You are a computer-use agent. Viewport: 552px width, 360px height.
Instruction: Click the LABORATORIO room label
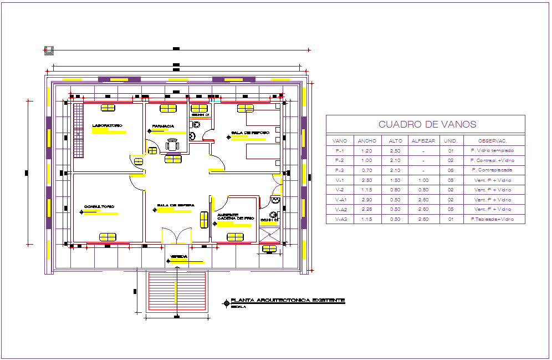click(x=107, y=126)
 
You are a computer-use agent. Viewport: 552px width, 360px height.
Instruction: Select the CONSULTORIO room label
click(x=99, y=206)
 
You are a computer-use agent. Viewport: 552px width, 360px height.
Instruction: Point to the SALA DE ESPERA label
click(x=175, y=205)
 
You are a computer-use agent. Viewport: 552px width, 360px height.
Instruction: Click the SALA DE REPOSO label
click(x=250, y=133)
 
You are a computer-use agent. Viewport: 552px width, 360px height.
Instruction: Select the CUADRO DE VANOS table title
click(x=427, y=125)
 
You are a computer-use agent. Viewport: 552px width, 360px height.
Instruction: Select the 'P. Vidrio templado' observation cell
click(x=492, y=150)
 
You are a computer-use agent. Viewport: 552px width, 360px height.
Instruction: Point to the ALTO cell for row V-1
click(x=396, y=180)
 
